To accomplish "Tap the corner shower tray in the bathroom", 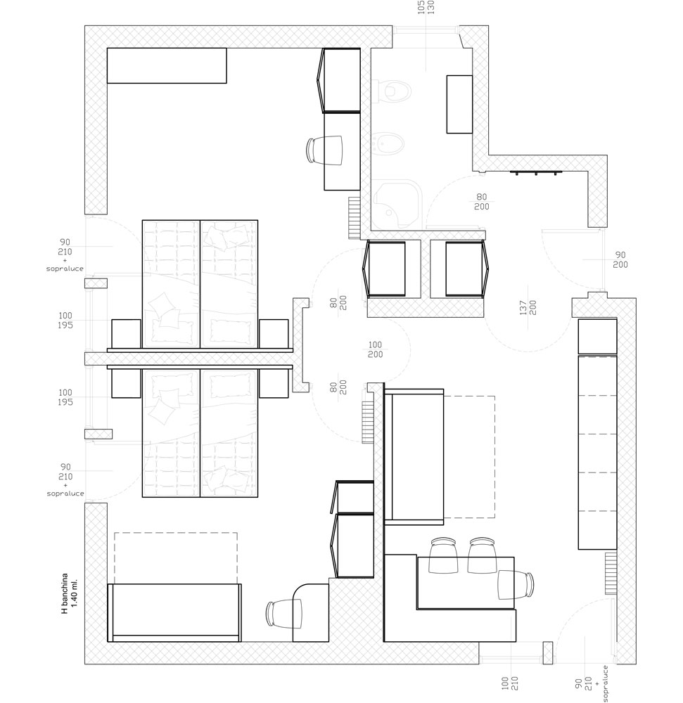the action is click(x=397, y=205).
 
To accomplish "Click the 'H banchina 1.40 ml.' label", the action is click(x=70, y=593).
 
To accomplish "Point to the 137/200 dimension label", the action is click(x=528, y=308).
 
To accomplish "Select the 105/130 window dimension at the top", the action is click(x=426, y=7).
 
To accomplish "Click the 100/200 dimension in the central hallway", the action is click(x=376, y=349).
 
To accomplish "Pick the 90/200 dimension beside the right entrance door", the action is click(x=620, y=260).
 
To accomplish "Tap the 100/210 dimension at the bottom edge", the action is click(x=510, y=683).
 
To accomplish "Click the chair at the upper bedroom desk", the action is click(x=324, y=150).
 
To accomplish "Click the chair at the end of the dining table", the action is click(x=516, y=585).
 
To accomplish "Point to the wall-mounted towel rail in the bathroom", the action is click(x=536, y=172).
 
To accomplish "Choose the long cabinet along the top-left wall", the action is click(x=167, y=65).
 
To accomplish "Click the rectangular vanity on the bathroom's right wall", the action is click(x=459, y=105).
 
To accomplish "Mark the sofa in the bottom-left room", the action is click(x=174, y=612).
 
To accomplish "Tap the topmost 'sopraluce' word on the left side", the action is click(x=65, y=269).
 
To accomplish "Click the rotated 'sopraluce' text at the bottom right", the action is click(x=605, y=683).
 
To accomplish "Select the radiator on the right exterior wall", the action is click(x=611, y=574).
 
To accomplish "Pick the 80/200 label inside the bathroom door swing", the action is click(x=482, y=202).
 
